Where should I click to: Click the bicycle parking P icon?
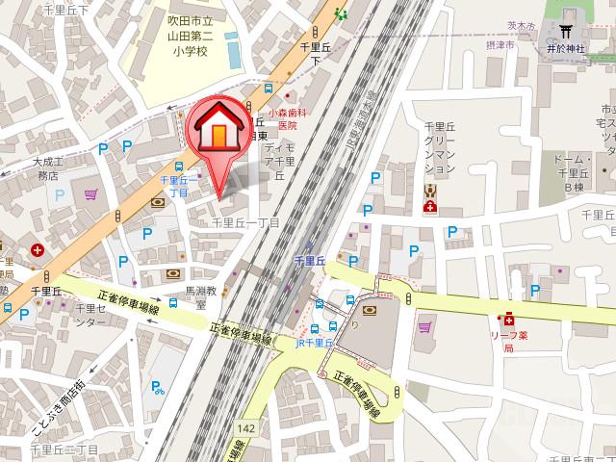tap(155, 388)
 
